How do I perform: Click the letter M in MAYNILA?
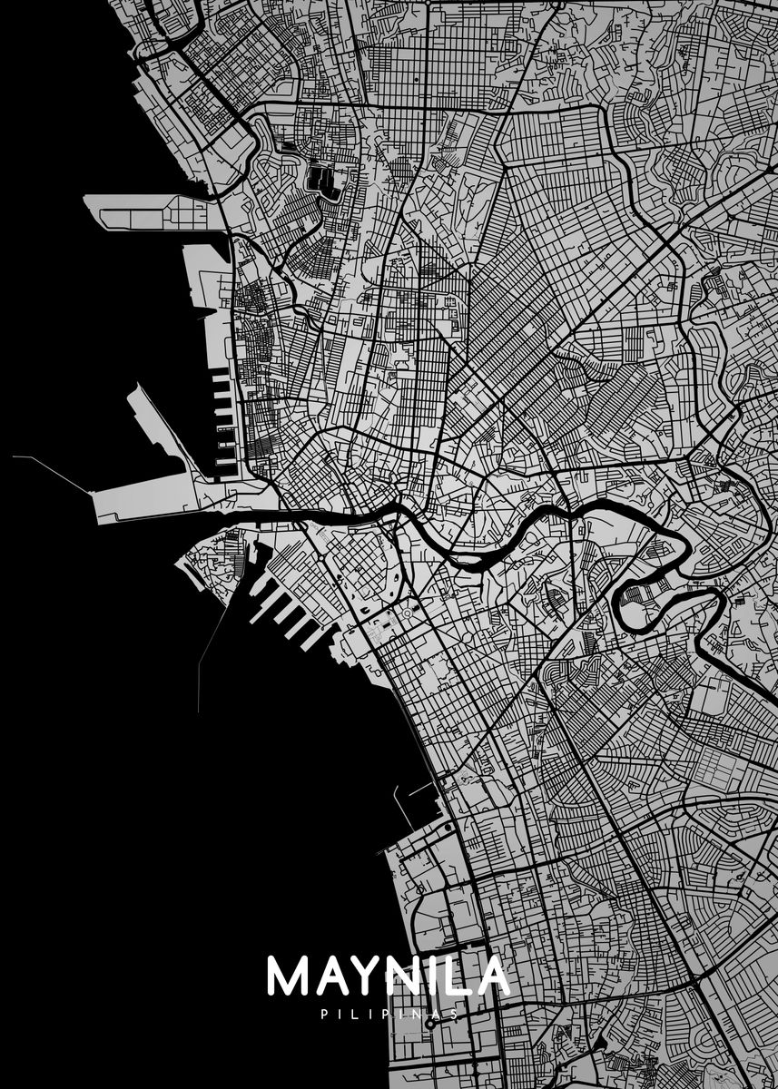pyautogui.click(x=289, y=976)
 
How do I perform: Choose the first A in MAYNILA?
pyautogui.click(x=330, y=976)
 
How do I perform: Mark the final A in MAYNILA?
pyautogui.click(x=492, y=976)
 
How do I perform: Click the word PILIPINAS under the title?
pyautogui.click(x=389, y=1014)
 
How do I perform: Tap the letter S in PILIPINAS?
pyautogui.click(x=454, y=1014)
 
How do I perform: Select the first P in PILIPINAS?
pyautogui.click(x=324, y=1014)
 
